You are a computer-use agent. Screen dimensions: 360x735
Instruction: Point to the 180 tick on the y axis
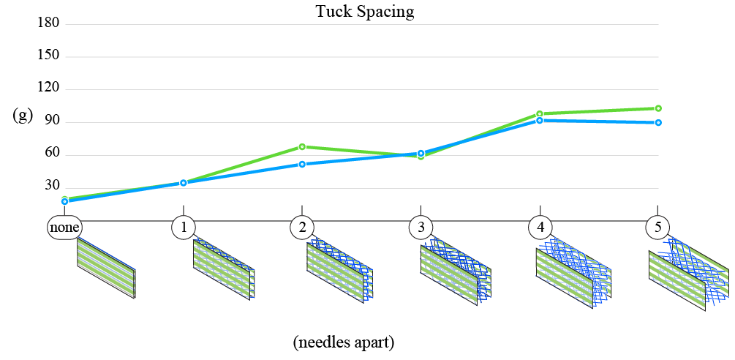(x=52, y=24)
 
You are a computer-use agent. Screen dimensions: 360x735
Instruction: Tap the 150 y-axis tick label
(x=52, y=56)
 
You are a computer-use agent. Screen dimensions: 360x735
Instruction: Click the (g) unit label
(x=23, y=115)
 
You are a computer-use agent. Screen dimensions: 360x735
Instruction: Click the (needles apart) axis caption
(x=344, y=342)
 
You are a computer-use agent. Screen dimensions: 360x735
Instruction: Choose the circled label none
(x=64, y=228)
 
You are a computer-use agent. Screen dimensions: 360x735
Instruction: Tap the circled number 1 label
(x=183, y=228)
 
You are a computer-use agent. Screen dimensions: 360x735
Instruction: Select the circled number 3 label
(x=421, y=228)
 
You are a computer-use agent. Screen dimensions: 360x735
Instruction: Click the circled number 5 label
(x=657, y=228)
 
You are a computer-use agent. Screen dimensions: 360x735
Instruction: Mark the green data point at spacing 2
(x=302, y=147)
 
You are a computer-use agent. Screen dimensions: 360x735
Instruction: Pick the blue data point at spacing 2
(x=302, y=165)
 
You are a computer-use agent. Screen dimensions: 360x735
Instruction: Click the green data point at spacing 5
(x=658, y=108)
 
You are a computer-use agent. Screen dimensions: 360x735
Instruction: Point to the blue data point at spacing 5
(x=658, y=122)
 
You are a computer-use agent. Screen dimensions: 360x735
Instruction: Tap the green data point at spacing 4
(x=540, y=114)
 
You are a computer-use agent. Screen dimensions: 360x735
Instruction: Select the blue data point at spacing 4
(x=540, y=120)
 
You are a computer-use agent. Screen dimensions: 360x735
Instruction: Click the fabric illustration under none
(x=106, y=268)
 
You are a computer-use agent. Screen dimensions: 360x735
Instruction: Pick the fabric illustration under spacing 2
(x=339, y=271)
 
